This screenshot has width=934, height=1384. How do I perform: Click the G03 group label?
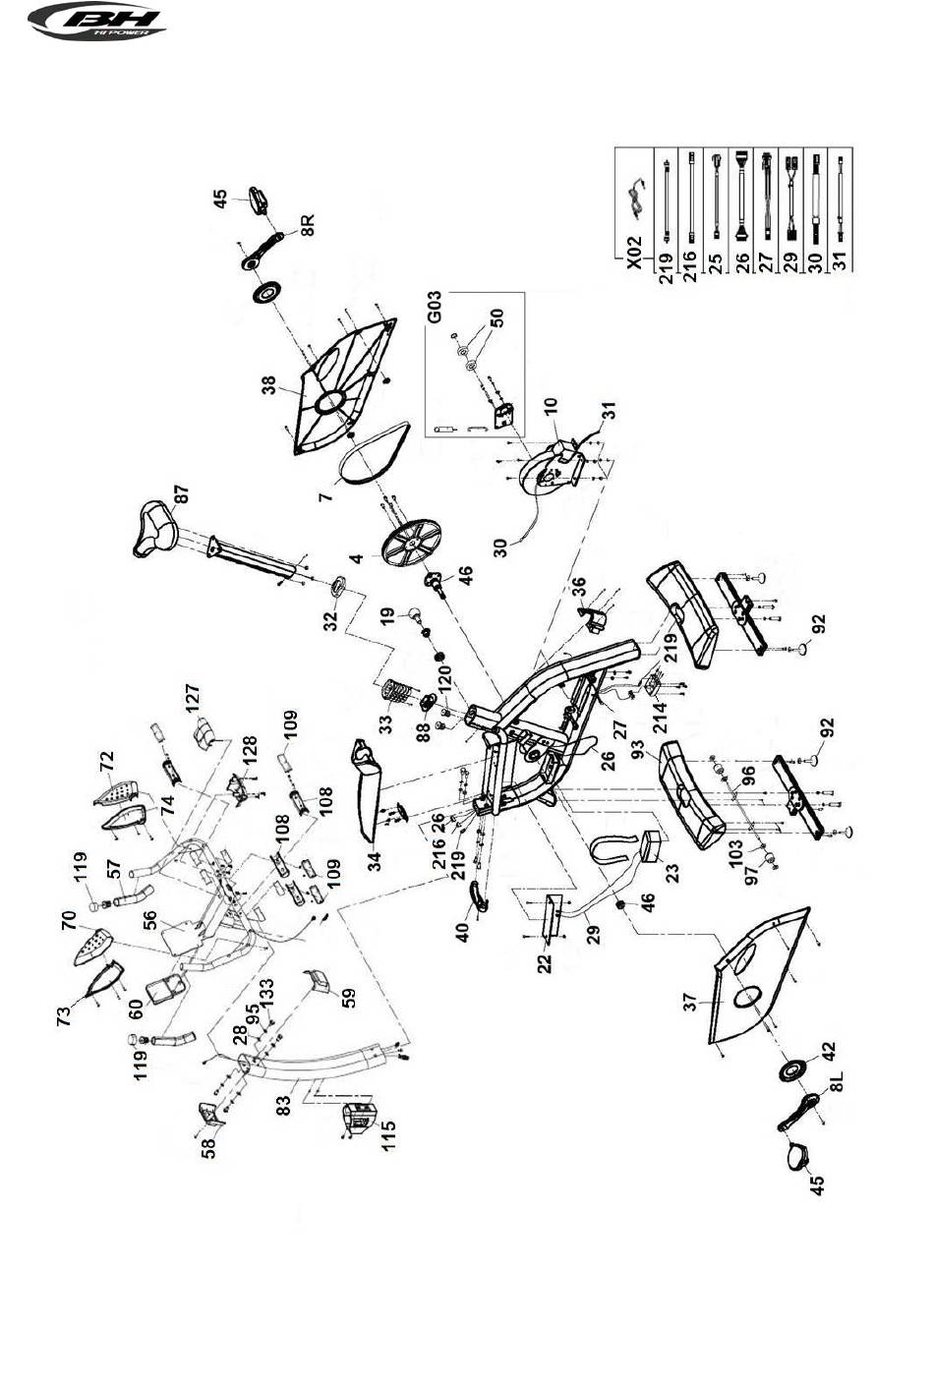[x=435, y=307]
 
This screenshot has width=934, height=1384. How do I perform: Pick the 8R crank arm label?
[x=308, y=225]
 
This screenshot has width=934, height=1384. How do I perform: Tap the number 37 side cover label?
[x=690, y=1001]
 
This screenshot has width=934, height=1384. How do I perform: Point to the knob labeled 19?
[x=416, y=613]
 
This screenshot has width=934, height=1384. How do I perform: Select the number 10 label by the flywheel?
[x=551, y=406]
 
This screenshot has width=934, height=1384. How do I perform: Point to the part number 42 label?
[x=827, y=1052]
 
